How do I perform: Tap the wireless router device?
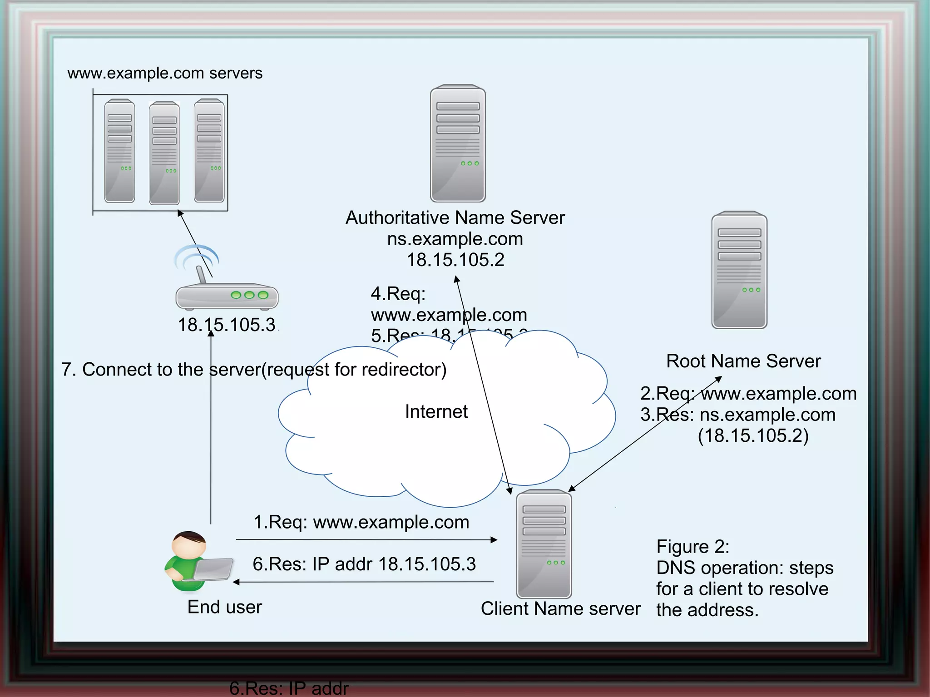point(227,295)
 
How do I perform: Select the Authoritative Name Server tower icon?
point(458,143)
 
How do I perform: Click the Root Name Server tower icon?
point(739,270)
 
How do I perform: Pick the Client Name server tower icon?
point(544,544)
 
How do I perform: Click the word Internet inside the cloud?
point(436,411)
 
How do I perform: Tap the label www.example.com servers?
point(165,73)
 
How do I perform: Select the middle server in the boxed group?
point(164,153)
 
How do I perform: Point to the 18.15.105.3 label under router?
point(227,325)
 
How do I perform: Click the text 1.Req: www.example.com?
point(361,522)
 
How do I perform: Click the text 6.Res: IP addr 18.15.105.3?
point(364,564)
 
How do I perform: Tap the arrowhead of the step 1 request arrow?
point(495,540)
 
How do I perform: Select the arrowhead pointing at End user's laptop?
point(236,582)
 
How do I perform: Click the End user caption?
point(225,607)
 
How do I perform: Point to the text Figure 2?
point(693,547)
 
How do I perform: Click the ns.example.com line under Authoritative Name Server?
point(455,239)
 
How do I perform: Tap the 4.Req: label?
point(398,294)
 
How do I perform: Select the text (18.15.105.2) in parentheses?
point(753,435)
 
